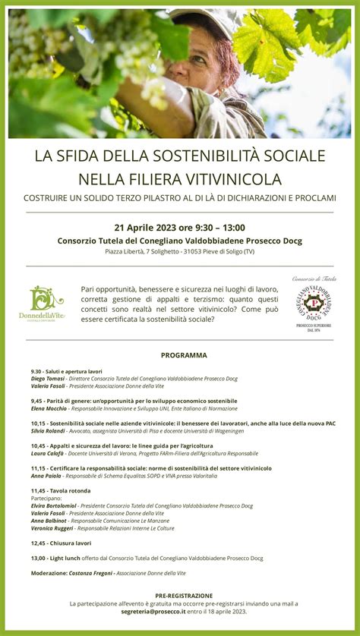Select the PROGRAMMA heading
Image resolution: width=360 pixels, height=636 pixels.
(184, 355)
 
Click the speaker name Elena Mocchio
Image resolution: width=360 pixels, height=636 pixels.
(50, 408)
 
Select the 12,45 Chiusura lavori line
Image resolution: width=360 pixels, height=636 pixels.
(62, 543)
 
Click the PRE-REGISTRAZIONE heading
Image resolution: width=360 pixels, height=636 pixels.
(184, 596)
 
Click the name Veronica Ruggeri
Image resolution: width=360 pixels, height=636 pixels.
(52, 528)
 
